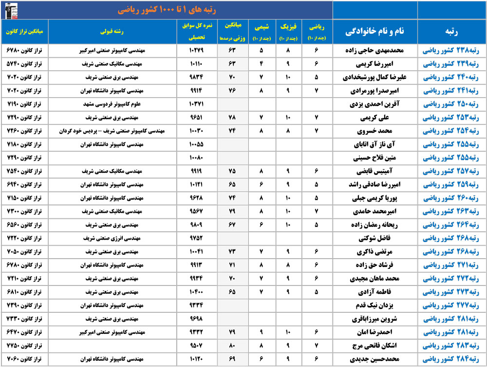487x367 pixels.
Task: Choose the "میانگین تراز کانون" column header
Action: tap(25, 31)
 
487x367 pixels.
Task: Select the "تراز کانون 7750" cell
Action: tap(25, 346)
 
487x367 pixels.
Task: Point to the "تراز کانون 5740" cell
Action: tap(25, 64)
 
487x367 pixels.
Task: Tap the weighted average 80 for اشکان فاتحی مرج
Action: tap(232, 346)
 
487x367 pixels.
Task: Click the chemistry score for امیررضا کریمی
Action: tap(262, 64)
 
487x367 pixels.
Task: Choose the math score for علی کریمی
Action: tap(317, 118)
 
